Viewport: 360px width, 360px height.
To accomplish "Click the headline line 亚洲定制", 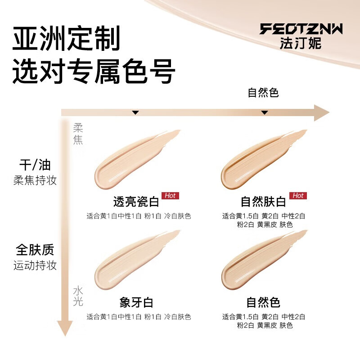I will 67,39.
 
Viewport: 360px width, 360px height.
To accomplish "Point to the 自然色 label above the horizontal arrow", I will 263,93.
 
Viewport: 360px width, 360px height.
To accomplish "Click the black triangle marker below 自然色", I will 265,112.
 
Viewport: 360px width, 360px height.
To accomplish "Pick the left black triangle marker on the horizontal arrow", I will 135,112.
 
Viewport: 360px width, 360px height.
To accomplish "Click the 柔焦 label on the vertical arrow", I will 78,134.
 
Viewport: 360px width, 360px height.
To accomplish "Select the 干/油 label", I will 35,165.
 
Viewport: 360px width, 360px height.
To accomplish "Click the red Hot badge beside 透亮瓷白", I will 171,196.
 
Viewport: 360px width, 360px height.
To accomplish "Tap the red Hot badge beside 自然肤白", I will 298,196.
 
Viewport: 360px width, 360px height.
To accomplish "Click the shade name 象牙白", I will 136,301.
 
